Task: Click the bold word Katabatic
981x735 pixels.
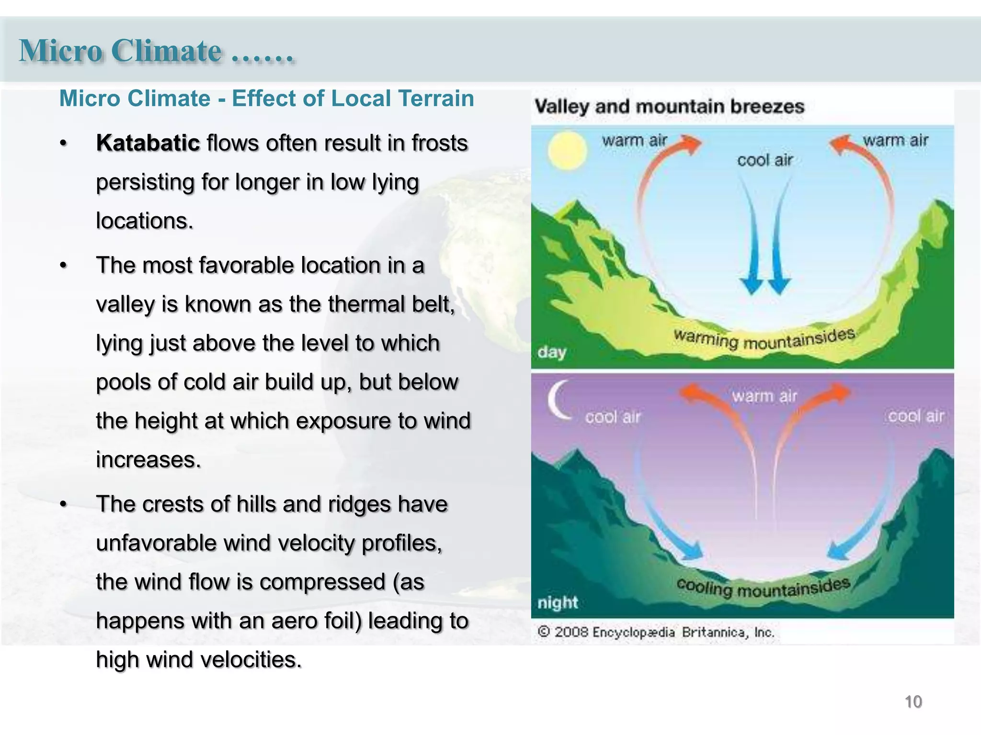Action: click(x=148, y=143)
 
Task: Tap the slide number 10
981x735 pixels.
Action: click(x=913, y=702)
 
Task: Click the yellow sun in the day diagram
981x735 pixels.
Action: click(x=567, y=151)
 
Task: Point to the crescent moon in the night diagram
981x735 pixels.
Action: click(x=558, y=400)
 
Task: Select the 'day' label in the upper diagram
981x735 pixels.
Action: click(x=552, y=353)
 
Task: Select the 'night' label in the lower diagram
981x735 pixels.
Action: click(x=558, y=602)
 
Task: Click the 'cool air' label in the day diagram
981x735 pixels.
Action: click(x=765, y=160)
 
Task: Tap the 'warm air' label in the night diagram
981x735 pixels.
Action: click(x=764, y=396)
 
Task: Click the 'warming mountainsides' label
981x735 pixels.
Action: click(x=764, y=339)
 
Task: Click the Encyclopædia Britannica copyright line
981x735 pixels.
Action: click(x=655, y=632)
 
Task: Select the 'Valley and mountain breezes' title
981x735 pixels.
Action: click(x=669, y=106)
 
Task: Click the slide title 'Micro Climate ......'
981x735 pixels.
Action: click(x=156, y=51)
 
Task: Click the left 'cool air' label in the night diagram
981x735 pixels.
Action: click(x=613, y=417)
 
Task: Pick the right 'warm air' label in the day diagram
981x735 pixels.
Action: click(x=895, y=140)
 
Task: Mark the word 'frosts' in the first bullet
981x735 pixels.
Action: click(x=439, y=143)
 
